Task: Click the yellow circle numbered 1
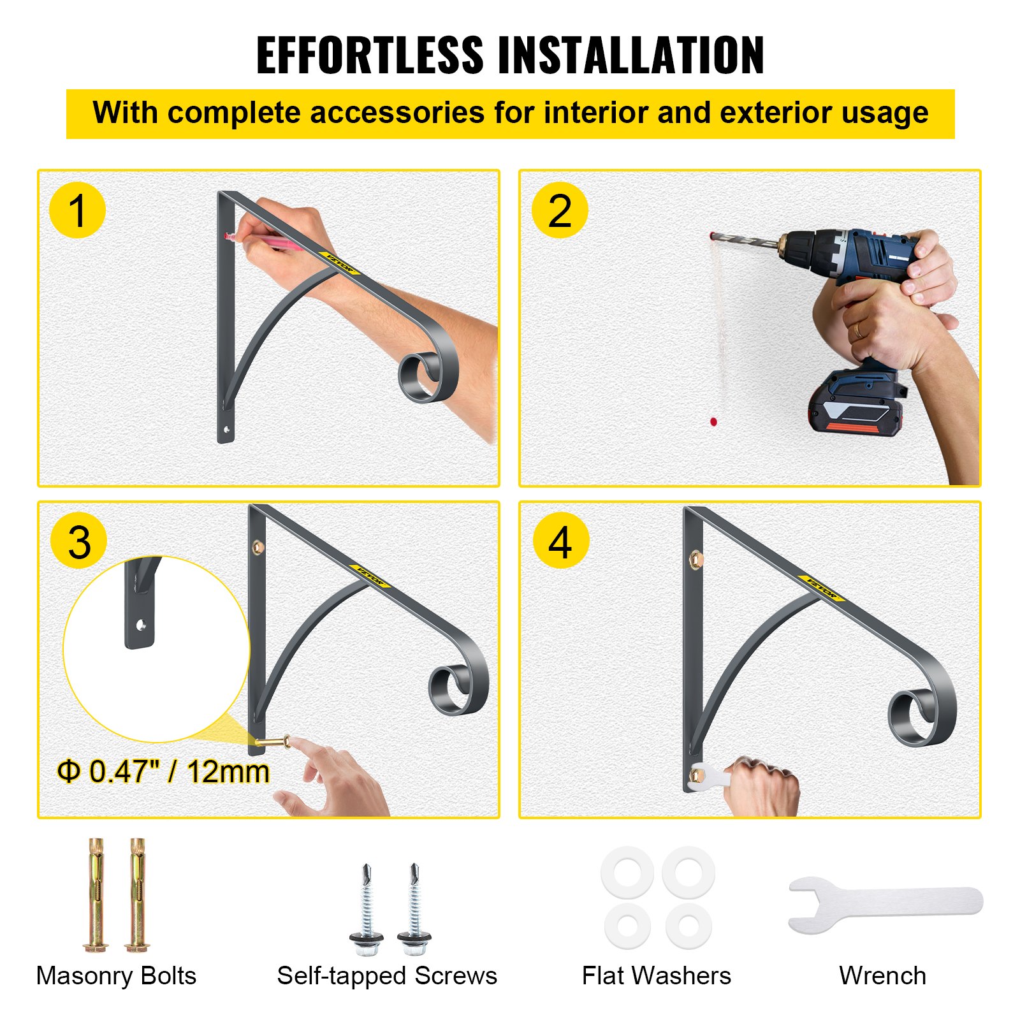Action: tap(77, 210)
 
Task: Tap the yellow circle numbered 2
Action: tap(560, 210)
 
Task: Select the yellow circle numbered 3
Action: tap(79, 542)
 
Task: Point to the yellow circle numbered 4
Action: tap(560, 542)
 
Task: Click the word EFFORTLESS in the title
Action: tap(370, 55)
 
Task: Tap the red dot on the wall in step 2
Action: tap(713, 421)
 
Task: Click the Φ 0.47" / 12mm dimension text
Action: tap(163, 771)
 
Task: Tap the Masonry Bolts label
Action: tap(116, 976)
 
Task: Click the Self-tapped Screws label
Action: tap(387, 976)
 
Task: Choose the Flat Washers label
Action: tap(656, 976)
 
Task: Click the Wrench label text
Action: tap(882, 976)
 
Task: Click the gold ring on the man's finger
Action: tap(859, 330)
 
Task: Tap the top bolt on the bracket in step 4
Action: tap(696, 560)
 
